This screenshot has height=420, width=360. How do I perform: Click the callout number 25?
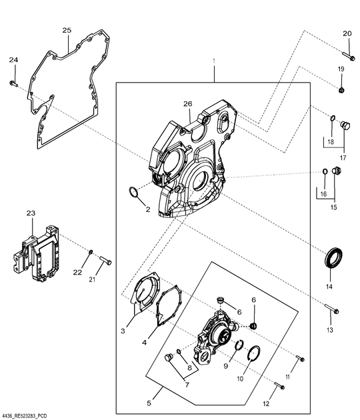click(x=67, y=31)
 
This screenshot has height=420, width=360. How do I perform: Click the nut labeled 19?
click(x=341, y=89)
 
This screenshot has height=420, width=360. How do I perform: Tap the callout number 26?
click(x=187, y=103)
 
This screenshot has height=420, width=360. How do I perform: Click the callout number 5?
click(x=149, y=403)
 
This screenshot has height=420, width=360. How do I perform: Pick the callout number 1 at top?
click(x=214, y=62)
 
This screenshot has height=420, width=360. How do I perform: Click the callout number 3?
click(x=123, y=330)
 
